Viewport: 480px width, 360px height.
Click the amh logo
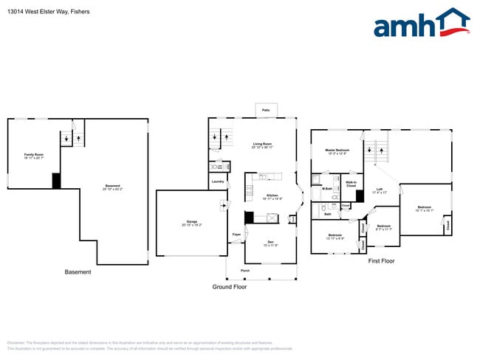point(422,24)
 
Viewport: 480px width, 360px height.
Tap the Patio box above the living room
point(266,110)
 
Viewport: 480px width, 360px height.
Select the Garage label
point(191,223)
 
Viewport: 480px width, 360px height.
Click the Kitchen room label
point(271,197)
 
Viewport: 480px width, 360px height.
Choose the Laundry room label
point(217,181)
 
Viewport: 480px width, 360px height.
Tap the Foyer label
point(236,235)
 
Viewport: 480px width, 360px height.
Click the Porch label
point(245,271)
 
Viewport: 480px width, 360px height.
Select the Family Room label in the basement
point(35,156)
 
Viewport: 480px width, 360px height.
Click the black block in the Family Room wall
point(55,181)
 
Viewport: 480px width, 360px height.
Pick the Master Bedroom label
point(337,150)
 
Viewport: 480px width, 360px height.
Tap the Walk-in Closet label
point(351,184)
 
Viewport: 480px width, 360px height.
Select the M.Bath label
point(326,190)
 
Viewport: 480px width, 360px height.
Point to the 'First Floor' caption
point(381,260)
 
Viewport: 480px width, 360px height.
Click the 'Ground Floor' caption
point(230,286)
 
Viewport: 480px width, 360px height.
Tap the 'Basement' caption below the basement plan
point(78,272)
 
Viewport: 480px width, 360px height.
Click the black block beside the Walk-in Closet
point(360,196)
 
